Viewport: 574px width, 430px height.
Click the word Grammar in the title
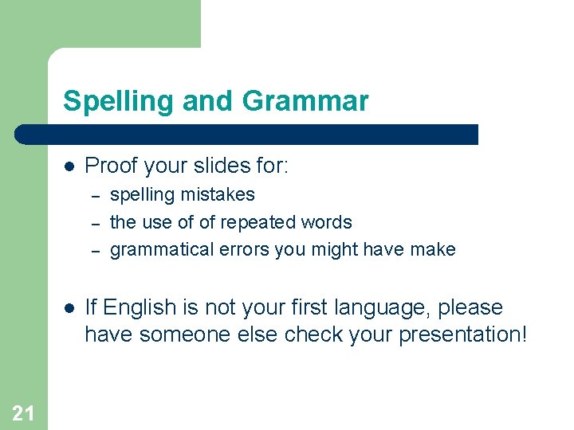[305, 102]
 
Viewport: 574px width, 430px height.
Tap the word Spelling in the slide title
[119, 102]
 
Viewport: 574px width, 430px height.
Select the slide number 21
[24, 412]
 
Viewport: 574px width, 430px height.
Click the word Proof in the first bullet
[108, 166]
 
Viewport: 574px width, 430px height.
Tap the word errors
[242, 250]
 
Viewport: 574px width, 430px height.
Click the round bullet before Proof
[69, 166]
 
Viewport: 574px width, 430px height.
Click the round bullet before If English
[69, 308]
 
